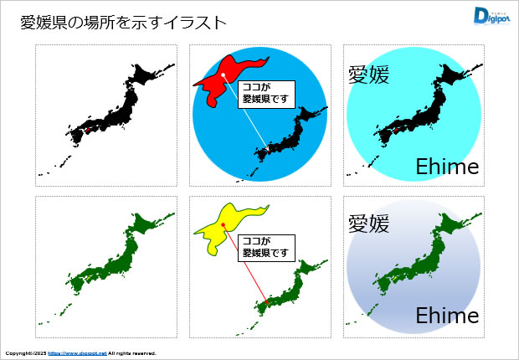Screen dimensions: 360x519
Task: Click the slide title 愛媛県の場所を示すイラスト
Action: pyautogui.click(x=123, y=23)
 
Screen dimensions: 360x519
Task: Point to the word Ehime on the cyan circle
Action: pyautogui.click(x=447, y=167)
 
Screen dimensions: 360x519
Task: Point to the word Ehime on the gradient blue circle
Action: pyautogui.click(x=447, y=316)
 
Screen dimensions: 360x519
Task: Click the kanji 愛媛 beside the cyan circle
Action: pyautogui.click(x=368, y=75)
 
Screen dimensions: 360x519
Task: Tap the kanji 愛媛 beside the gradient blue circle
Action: pyautogui.click(x=368, y=224)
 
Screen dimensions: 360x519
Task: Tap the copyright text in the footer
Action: pyautogui.click(x=25, y=353)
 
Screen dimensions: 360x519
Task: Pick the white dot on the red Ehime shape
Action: pyautogui.click(x=224, y=76)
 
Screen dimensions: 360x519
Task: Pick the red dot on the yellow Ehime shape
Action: pyautogui.click(x=224, y=225)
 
